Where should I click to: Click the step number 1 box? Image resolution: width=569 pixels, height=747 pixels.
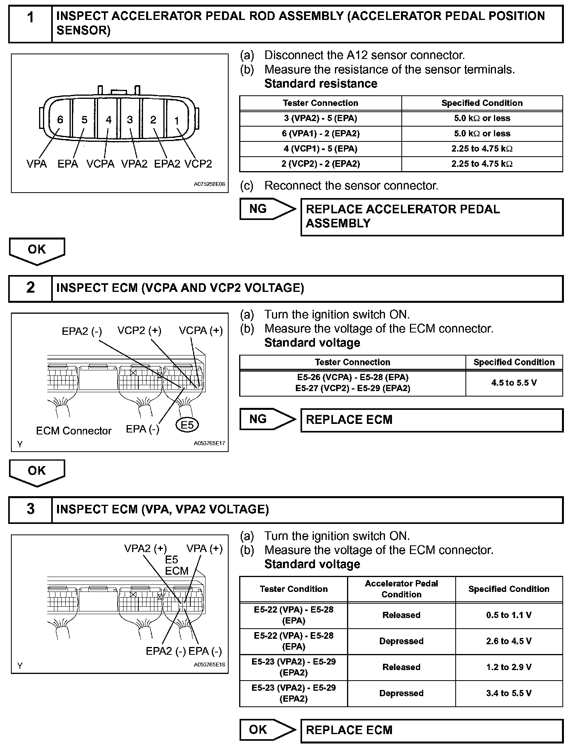30,23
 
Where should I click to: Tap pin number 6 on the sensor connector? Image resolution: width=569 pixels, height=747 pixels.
60,120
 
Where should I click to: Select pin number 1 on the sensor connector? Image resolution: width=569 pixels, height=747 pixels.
177,121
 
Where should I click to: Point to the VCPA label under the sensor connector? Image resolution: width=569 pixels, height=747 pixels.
100,164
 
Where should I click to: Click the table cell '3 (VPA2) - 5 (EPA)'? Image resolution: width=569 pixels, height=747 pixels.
320,118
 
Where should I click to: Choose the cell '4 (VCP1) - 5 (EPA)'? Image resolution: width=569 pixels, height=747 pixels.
320,149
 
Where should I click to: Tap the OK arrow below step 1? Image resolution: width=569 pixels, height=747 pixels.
37,250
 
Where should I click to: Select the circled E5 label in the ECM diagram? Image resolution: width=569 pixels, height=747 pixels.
187,425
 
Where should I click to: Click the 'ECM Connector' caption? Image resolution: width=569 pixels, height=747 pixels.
73,431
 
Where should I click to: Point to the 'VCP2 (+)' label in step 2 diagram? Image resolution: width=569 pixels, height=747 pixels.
139,331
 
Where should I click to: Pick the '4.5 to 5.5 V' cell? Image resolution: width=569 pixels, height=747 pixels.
514,383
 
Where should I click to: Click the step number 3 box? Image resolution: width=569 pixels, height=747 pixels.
30,509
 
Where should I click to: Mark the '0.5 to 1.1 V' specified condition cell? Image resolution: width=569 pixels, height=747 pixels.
509,615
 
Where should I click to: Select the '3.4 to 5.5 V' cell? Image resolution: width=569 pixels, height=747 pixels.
509,693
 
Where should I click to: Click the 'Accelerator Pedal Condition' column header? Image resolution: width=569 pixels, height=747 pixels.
401,589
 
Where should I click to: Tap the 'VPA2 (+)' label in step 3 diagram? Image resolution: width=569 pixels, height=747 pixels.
145,549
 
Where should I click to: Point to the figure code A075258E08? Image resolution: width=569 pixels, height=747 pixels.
209,184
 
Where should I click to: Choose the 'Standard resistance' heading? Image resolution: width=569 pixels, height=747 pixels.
321,84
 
